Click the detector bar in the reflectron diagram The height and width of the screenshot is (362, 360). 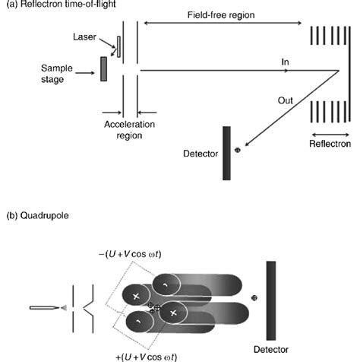[x=226, y=154]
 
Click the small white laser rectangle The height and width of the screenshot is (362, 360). [x=118, y=46]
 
